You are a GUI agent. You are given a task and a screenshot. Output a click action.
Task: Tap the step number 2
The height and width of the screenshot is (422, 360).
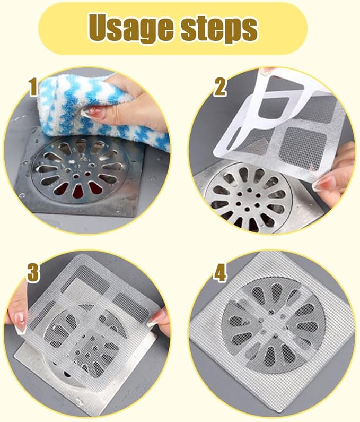click(x=220, y=88)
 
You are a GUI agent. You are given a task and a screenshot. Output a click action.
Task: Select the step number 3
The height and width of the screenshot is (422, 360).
click(x=33, y=273)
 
